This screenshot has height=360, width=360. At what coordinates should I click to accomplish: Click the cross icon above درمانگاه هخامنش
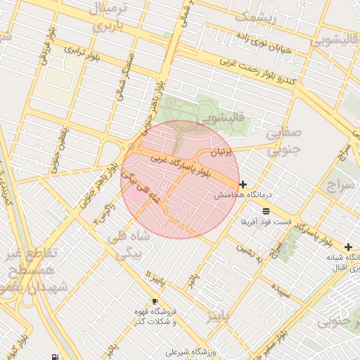243,184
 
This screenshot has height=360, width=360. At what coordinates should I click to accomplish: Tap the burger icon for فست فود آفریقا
266,211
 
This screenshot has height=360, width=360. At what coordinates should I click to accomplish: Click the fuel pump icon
56,356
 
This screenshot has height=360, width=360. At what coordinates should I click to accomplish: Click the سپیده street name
283,288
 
